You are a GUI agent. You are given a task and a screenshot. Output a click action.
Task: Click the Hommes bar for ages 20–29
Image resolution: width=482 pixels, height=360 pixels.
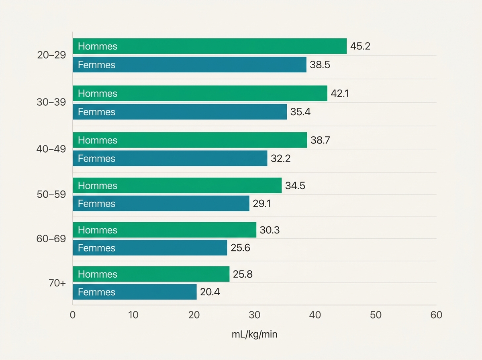click(210, 46)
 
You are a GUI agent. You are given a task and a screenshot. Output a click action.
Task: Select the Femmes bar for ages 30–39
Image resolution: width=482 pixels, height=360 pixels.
click(180, 112)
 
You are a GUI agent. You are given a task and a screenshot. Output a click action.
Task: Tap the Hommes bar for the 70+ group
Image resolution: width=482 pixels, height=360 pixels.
click(151, 274)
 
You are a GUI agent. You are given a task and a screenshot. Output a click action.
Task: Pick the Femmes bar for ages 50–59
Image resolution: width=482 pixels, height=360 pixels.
click(161, 203)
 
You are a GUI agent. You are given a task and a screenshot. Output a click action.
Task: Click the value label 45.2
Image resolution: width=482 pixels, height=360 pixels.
click(360, 46)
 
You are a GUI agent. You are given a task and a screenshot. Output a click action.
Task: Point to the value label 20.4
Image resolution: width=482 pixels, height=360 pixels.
click(210, 292)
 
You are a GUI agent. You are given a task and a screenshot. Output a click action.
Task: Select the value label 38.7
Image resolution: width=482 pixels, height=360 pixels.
click(321, 140)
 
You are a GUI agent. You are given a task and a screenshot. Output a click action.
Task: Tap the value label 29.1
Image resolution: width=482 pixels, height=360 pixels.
click(262, 203)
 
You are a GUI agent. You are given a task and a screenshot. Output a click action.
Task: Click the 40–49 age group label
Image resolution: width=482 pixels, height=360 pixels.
click(51, 149)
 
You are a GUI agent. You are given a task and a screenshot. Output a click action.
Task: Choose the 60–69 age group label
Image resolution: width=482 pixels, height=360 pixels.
click(51, 239)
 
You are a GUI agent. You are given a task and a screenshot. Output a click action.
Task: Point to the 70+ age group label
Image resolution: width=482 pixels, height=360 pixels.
click(57, 283)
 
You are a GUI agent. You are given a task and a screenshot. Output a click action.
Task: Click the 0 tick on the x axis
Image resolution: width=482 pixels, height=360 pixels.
click(73, 315)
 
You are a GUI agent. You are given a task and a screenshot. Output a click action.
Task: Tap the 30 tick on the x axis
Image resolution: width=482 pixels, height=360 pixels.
click(255, 315)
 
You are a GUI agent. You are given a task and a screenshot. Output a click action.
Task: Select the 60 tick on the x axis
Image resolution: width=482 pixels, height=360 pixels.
click(436, 315)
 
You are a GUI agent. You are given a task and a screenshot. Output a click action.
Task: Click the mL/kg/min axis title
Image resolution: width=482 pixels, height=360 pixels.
click(255, 334)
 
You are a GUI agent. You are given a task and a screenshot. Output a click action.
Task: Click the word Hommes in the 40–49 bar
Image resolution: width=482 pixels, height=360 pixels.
click(98, 140)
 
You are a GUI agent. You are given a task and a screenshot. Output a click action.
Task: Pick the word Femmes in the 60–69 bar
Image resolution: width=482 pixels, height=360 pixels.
click(97, 248)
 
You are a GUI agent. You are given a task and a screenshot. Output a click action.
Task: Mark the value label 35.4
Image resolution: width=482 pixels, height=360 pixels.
click(300, 112)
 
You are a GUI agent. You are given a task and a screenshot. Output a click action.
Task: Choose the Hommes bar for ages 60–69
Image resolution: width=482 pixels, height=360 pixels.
click(165, 230)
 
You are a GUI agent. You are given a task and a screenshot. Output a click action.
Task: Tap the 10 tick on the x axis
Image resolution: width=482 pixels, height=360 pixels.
click(133, 315)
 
